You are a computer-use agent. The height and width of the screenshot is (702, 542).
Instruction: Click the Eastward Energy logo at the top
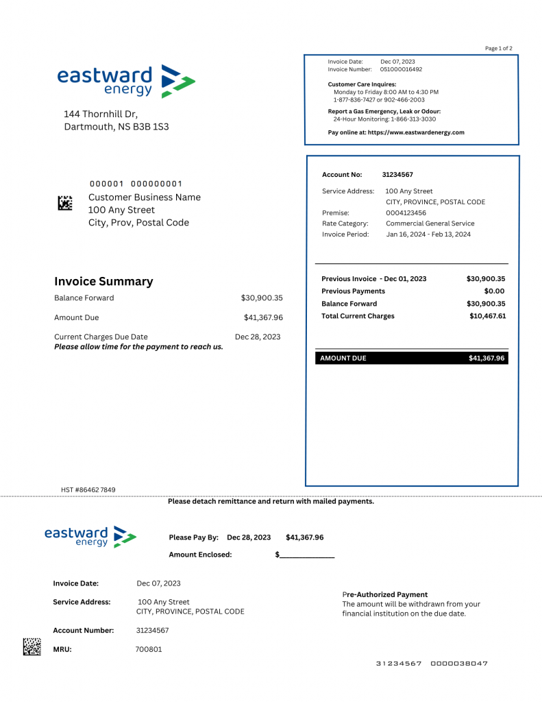click(126, 82)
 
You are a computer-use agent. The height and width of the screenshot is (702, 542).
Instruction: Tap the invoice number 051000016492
click(402, 69)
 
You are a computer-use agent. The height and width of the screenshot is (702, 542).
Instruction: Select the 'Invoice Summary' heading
click(103, 281)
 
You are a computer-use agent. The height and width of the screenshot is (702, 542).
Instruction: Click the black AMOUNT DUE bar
click(412, 358)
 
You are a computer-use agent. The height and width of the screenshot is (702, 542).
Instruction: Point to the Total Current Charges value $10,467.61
click(487, 316)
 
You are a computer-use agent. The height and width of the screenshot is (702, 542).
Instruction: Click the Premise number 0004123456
click(406, 213)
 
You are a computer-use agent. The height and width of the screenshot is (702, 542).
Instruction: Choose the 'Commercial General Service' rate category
click(430, 223)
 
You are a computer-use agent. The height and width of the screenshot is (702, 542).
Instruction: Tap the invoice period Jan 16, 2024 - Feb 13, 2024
click(428, 234)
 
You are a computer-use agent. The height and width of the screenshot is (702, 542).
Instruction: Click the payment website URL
click(416, 132)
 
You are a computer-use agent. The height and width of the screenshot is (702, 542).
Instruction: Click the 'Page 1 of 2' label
click(498, 49)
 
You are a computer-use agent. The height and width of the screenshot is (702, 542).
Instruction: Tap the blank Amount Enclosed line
click(306, 555)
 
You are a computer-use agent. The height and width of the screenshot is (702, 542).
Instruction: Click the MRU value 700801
click(149, 649)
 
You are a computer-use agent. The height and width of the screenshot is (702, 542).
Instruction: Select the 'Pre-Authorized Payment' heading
click(384, 594)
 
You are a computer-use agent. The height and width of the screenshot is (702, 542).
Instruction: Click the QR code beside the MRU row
click(32, 646)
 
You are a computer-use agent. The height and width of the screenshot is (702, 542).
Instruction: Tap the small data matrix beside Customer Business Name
click(64, 203)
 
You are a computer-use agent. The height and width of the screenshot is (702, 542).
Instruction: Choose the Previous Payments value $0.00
click(494, 291)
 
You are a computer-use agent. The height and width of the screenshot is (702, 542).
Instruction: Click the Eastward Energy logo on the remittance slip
click(90, 536)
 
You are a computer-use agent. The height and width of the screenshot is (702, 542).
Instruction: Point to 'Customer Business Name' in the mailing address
click(145, 197)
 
